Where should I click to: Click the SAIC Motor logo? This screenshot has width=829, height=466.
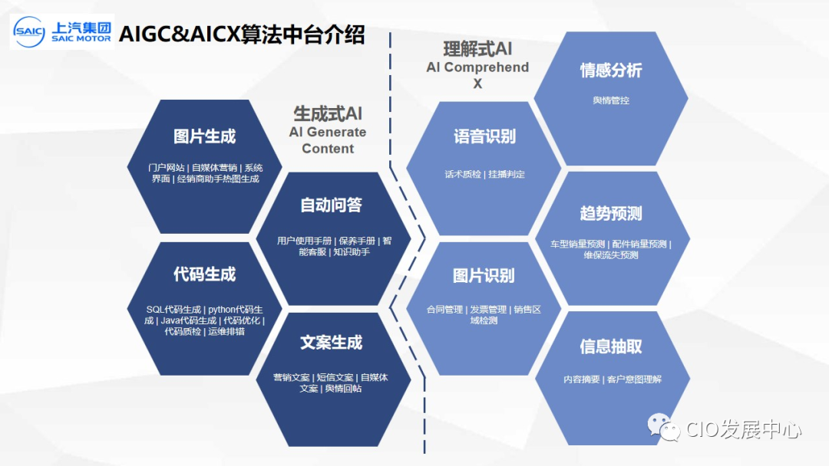(62, 31)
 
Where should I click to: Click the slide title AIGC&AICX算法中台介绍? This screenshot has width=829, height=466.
(242, 34)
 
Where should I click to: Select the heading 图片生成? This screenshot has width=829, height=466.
(204, 136)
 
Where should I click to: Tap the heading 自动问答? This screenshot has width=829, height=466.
(331, 205)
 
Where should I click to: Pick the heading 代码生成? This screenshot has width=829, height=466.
(204, 274)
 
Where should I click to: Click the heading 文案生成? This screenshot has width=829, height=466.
(331, 343)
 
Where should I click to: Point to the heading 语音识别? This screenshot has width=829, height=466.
(484, 136)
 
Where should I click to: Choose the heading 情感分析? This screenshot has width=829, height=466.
(611, 71)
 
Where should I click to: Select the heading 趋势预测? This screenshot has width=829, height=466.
(611, 213)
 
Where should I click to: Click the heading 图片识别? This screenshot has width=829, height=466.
(484, 275)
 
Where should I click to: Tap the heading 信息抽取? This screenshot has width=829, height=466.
(611, 346)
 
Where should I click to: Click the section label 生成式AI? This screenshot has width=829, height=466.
(328, 113)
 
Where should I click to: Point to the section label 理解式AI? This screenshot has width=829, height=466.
(477, 49)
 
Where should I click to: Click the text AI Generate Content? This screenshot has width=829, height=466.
(328, 140)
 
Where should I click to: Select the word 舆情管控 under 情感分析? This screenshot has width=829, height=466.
(611, 100)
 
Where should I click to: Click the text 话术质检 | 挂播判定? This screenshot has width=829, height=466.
(484, 174)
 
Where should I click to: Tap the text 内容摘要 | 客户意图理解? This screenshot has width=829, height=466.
(611, 379)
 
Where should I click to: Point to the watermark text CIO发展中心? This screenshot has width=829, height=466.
(742, 429)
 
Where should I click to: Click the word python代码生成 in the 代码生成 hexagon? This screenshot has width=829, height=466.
(236, 310)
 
